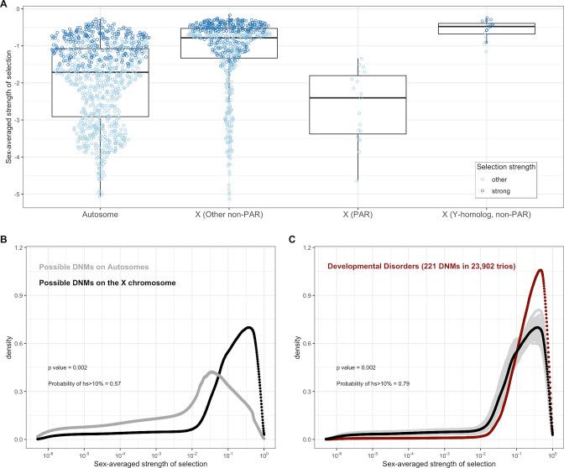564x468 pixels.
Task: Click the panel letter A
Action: click(x=6, y=6)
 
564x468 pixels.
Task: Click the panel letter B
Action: click(x=6, y=238)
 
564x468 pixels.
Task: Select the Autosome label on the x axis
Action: click(x=100, y=214)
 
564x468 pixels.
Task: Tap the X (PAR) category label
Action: click(x=357, y=214)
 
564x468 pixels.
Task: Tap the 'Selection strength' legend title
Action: click(x=506, y=166)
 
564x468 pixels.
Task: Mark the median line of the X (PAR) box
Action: click(x=357, y=98)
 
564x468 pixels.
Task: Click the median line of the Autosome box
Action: click(x=100, y=72)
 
